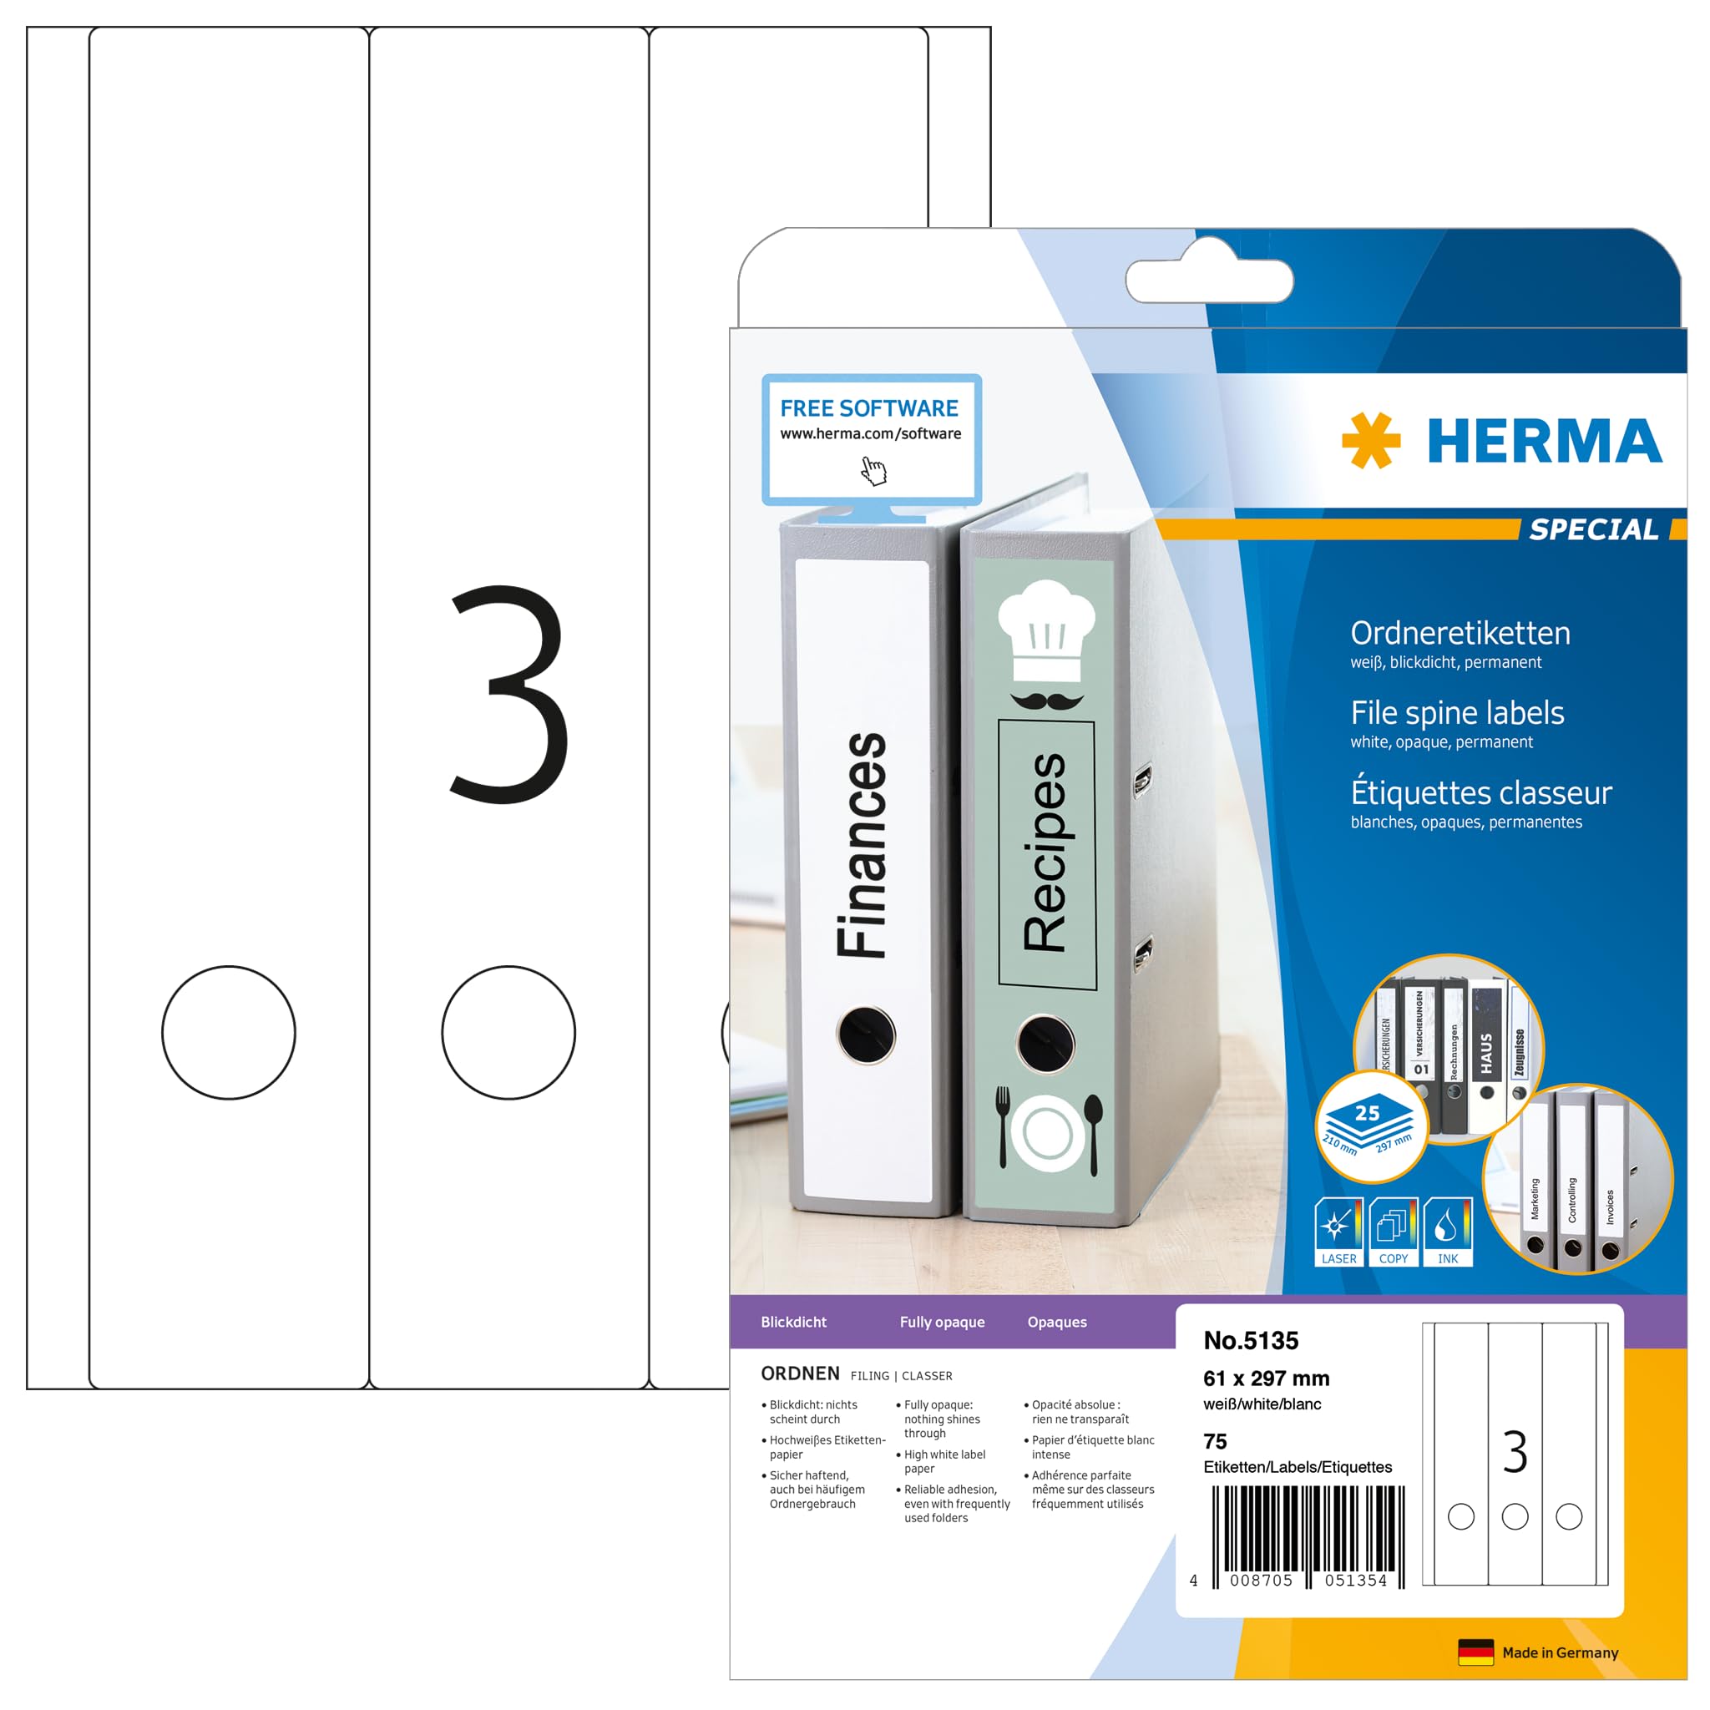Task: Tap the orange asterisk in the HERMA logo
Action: click(1370, 440)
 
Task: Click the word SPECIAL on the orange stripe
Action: click(1593, 529)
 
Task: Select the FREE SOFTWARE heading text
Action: click(868, 408)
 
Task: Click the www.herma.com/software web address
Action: click(870, 433)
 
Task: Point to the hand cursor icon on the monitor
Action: click(873, 470)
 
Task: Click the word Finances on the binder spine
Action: click(861, 844)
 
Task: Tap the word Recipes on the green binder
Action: click(1045, 852)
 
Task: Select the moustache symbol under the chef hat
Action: click(1046, 701)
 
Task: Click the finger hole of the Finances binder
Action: click(866, 1034)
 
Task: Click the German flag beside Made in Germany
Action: click(1475, 1652)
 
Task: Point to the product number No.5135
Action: click(1250, 1340)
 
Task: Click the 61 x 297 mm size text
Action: click(1266, 1378)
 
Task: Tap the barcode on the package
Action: click(1308, 1536)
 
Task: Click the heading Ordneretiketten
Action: click(1460, 633)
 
